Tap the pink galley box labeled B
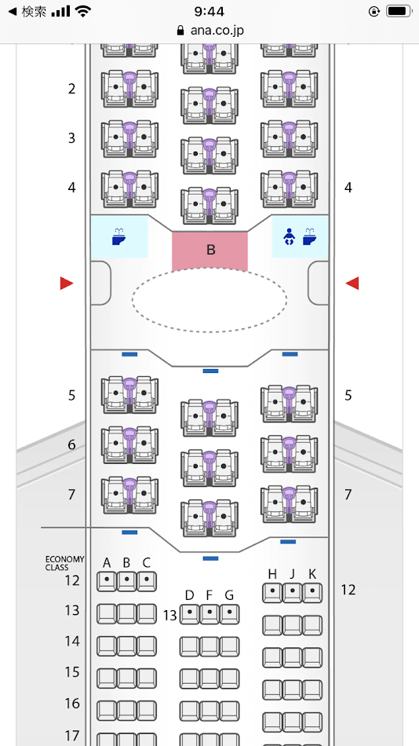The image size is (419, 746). [x=209, y=250]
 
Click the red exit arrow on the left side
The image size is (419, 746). [x=67, y=283]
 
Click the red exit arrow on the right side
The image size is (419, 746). [x=352, y=283]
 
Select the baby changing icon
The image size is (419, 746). [x=288, y=236]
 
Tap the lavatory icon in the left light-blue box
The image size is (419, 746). [x=119, y=236]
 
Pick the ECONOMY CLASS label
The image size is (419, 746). [x=64, y=563]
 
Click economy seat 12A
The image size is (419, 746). [x=107, y=581]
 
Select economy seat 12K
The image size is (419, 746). [x=312, y=593]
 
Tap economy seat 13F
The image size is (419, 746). [x=209, y=614]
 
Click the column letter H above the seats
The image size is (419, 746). [x=272, y=574]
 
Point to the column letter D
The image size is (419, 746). [x=189, y=595]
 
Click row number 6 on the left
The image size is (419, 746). [x=71, y=444]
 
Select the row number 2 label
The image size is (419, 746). [x=71, y=89]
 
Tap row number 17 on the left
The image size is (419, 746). [x=72, y=736]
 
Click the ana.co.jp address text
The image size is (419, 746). [x=217, y=31]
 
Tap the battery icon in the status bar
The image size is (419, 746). [x=398, y=11]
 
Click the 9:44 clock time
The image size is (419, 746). [x=209, y=11]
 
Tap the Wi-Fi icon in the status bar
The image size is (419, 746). [x=82, y=12]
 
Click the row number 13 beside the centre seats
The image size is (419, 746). [x=169, y=615]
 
